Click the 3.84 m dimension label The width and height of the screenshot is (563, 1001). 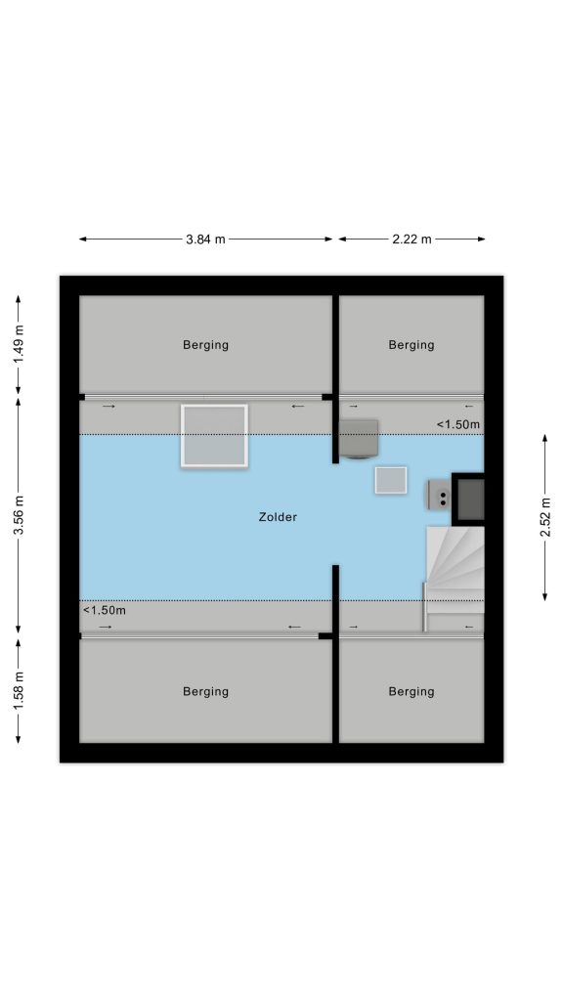[x=205, y=239]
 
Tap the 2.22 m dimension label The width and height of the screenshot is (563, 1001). [x=411, y=239]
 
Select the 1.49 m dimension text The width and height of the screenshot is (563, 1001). [x=20, y=344]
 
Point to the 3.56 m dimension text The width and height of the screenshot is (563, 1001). [x=20, y=516]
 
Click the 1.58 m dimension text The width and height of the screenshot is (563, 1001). [x=20, y=691]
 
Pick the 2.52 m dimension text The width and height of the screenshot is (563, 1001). [x=546, y=516]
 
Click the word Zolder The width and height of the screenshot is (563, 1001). [x=278, y=517]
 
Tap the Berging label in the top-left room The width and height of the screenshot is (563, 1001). [x=205, y=345]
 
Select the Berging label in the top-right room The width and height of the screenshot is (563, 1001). [x=411, y=345]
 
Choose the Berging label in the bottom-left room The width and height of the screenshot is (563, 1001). [x=205, y=691]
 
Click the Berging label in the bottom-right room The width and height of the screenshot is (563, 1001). [x=411, y=691]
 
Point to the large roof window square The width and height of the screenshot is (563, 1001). [x=214, y=436]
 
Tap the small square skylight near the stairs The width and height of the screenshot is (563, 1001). [x=391, y=480]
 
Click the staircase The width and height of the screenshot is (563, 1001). [x=455, y=570]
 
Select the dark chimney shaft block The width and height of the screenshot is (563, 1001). [x=468, y=500]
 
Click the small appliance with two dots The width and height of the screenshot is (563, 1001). [x=440, y=495]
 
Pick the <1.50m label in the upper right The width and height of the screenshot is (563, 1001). [x=458, y=424]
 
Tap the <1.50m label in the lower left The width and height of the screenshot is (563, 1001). [x=105, y=610]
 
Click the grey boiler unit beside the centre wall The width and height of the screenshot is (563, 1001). [x=358, y=439]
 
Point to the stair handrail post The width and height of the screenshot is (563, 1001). [x=424, y=607]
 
